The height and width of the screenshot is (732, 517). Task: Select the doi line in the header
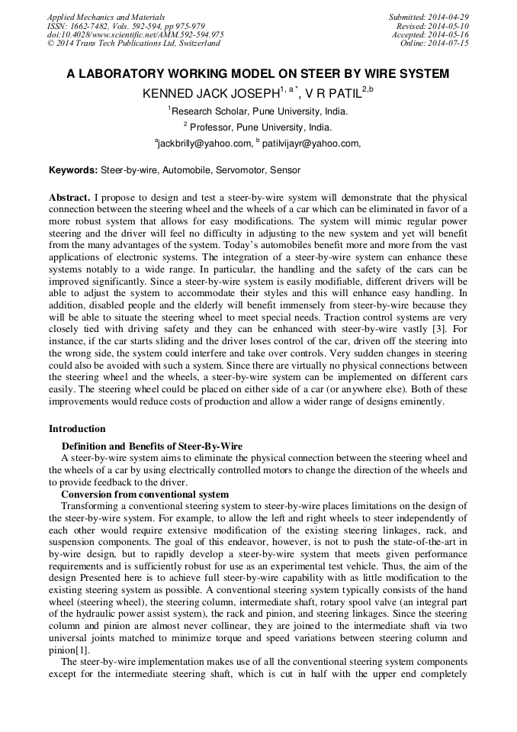pyautogui.click(x=135, y=34)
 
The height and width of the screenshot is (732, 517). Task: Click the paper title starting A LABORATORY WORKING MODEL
pyautogui.click(x=258, y=74)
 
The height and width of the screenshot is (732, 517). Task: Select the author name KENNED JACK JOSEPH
pyautogui.click(x=210, y=94)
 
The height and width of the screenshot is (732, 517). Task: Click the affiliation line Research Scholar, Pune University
pyautogui.click(x=259, y=111)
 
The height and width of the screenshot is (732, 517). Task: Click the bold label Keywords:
pyautogui.click(x=73, y=170)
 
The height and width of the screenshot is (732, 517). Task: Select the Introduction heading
pyautogui.click(x=77, y=429)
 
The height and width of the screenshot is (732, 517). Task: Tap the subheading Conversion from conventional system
pyautogui.click(x=145, y=495)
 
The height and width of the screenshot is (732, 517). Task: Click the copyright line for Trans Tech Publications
pyautogui.click(x=133, y=44)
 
